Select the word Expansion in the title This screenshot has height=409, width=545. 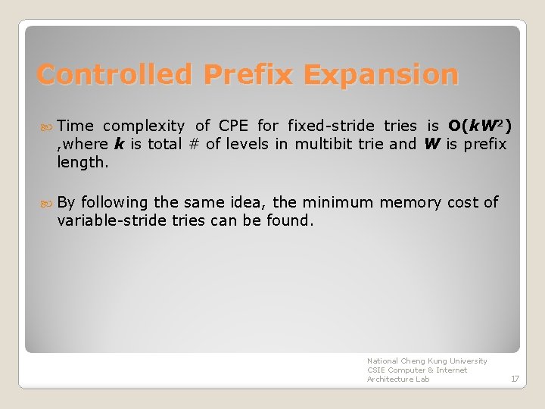[x=381, y=75]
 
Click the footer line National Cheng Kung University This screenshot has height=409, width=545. [x=427, y=361]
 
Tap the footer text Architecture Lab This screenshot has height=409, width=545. [x=398, y=379]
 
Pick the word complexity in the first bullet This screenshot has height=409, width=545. [x=143, y=126]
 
